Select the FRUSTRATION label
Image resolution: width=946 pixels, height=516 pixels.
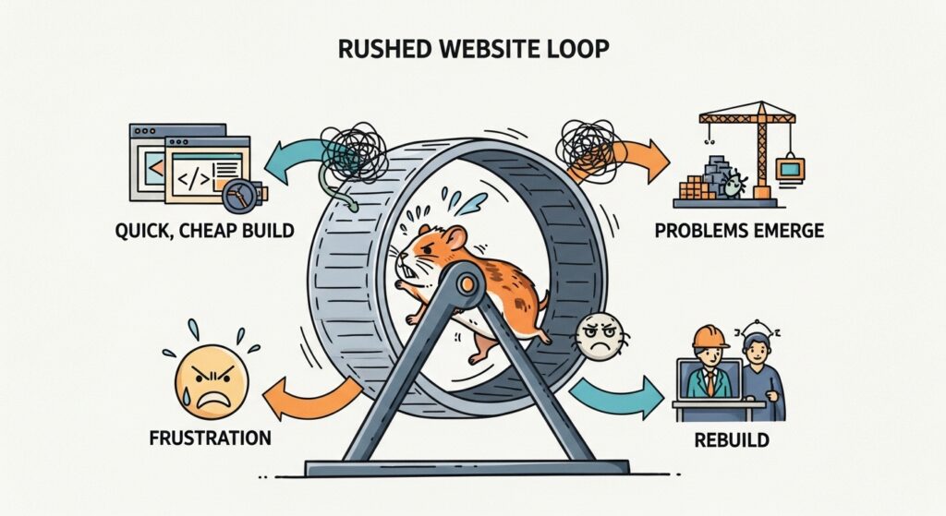[x=210, y=438]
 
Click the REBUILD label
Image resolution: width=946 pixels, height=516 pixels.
[x=732, y=439]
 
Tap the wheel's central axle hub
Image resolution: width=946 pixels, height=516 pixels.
[x=466, y=282]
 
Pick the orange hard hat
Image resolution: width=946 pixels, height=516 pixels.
[x=709, y=336]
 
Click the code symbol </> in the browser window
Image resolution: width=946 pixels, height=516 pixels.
[x=192, y=178]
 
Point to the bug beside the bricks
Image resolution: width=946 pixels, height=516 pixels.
[x=734, y=184]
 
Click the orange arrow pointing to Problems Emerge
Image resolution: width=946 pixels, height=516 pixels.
[x=627, y=158]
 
